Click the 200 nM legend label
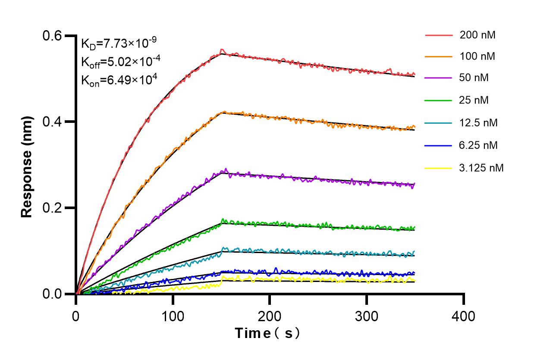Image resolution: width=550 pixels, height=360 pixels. (477, 35)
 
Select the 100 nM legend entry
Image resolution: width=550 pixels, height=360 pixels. (477, 56)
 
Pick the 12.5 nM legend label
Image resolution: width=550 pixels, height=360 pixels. (478, 123)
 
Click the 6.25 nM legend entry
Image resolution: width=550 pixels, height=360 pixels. (478, 145)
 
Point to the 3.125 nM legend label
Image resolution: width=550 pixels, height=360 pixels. (481, 168)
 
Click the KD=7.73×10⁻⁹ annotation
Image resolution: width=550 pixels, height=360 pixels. (119, 44)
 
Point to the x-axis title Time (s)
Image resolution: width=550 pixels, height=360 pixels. (267, 333)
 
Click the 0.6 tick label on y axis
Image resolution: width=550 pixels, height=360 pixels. (52, 36)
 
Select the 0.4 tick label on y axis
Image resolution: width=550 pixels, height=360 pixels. (52, 122)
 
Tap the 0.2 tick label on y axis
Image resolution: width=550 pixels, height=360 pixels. (52, 208)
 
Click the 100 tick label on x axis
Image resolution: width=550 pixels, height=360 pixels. (173, 316)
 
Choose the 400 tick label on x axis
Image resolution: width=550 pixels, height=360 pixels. (463, 316)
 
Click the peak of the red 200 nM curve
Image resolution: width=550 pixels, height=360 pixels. (222, 50)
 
